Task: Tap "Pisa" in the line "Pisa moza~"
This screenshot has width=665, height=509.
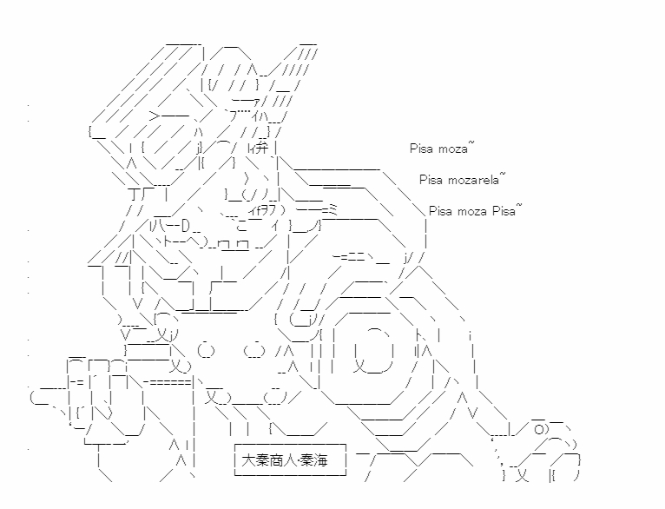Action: pyautogui.click(x=421, y=149)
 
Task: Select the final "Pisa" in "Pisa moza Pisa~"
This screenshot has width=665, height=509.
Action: pyautogui.click(x=504, y=211)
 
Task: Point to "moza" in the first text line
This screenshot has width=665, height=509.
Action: pyautogui.click(x=452, y=149)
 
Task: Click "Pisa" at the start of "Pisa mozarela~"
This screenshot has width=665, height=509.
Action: pyautogui.click(x=431, y=180)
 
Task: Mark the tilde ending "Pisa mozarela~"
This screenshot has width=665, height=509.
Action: pyautogui.click(x=503, y=175)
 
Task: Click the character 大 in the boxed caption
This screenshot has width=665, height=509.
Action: pyautogui.click(x=247, y=460)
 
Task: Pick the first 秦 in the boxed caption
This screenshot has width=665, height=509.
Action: pyautogui.click(x=261, y=460)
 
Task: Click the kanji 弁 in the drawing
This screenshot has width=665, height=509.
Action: pyautogui.click(x=263, y=148)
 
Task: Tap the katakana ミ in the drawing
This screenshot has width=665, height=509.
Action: pyautogui.click(x=332, y=209)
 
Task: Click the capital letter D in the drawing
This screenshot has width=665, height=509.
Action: pyautogui.click(x=186, y=226)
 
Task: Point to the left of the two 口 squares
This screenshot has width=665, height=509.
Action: pyautogui.click(x=223, y=245)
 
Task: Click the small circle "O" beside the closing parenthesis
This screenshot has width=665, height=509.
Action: pyautogui.click(x=539, y=430)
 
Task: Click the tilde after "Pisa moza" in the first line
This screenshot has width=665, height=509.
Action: pyautogui.click(x=471, y=144)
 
